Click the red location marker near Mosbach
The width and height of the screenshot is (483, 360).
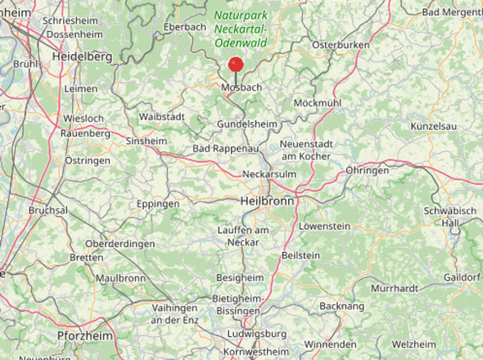(236, 65)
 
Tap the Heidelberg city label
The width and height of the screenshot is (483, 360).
(81, 57)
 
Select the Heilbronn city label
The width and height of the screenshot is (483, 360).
(268, 200)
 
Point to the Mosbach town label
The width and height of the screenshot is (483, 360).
(241, 86)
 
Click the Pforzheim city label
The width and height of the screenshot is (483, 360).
(84, 336)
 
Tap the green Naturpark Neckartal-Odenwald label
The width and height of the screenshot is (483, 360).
(241, 29)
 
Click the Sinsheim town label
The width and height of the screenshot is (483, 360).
(147, 141)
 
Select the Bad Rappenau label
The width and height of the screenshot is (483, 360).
(225, 148)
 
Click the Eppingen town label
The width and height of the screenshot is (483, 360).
(158, 203)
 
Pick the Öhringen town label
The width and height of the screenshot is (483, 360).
(367, 170)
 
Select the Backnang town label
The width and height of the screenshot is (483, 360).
(342, 305)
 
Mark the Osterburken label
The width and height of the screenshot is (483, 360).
(341, 44)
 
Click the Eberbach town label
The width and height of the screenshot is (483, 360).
(185, 26)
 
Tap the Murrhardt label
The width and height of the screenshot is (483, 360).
(394, 288)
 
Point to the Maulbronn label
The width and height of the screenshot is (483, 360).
(120, 278)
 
